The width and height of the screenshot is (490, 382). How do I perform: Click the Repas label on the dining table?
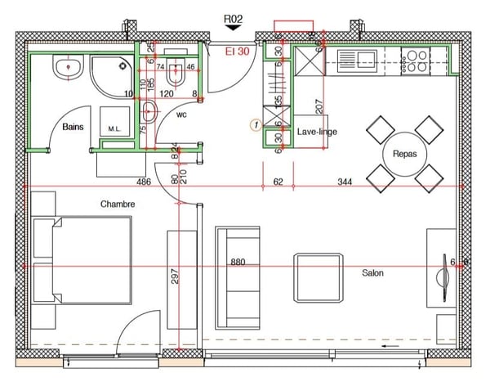[405, 153]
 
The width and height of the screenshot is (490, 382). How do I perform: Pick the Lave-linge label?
[317, 132]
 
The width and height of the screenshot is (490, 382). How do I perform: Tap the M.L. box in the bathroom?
[115, 129]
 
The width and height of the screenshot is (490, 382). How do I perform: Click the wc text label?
[182, 115]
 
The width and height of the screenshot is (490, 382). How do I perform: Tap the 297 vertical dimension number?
[174, 278]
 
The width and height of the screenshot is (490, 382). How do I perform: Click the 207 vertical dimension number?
[320, 105]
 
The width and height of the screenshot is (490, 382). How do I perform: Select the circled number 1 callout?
[255, 125]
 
